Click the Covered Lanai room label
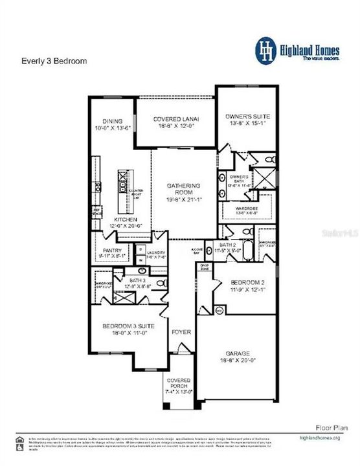[x=175, y=119]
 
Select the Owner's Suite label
[x=242, y=116]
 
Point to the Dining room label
[x=114, y=121]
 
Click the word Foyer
[x=181, y=332]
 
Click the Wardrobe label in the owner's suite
[x=239, y=209]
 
